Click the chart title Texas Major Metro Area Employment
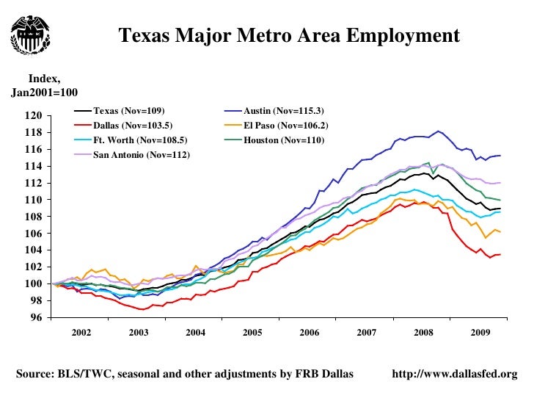(x=289, y=35)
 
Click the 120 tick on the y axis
(x=33, y=115)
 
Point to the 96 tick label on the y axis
(x=35, y=318)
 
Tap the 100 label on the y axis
(x=33, y=284)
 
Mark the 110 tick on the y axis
(x=33, y=200)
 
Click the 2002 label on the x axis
(x=81, y=333)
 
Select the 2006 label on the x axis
(x=310, y=333)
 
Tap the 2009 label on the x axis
(x=480, y=333)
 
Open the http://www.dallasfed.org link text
(x=456, y=375)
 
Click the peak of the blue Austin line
(x=439, y=131)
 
